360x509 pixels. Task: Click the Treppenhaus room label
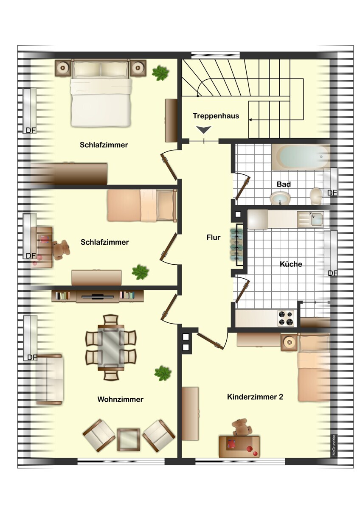pyautogui.click(x=216, y=116)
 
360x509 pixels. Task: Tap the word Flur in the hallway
pyautogui.click(x=213, y=238)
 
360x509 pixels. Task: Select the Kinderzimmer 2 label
pyautogui.click(x=255, y=397)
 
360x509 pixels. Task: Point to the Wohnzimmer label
pyautogui.click(x=120, y=399)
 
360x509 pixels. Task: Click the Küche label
pyautogui.click(x=291, y=264)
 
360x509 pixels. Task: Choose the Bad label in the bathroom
pyautogui.click(x=283, y=184)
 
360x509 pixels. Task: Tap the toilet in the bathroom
pyautogui.click(x=316, y=196)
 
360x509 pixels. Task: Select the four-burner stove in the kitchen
pyautogui.click(x=286, y=318)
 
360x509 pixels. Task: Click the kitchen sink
pyautogui.click(x=316, y=219)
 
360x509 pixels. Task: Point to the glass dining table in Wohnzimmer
pyautogui.click(x=111, y=347)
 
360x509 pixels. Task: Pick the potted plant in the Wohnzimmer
pyautogui.click(x=163, y=373)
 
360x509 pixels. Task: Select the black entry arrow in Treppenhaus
pyautogui.click(x=204, y=130)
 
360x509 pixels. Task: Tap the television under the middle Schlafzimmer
pyautogui.click(x=98, y=296)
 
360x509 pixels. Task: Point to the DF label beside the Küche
pyautogui.click(x=332, y=273)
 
